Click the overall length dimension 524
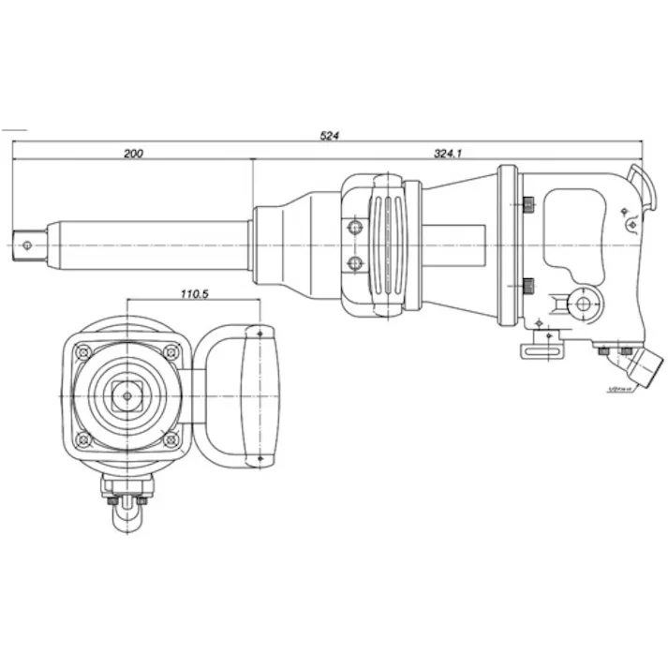coord(329,136)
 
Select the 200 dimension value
coord(134,154)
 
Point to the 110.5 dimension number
coord(194,294)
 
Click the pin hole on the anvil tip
coord(28,246)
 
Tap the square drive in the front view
coord(126,395)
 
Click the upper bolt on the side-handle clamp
coord(353,227)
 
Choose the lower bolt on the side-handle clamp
coord(353,263)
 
